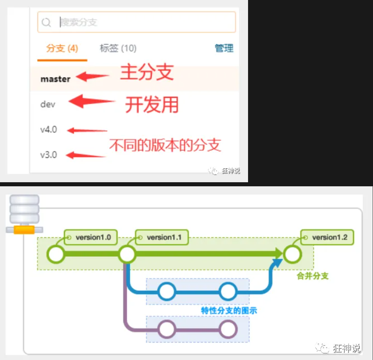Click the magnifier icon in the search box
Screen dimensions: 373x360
pyautogui.click(x=46, y=23)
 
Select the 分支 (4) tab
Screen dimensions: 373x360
pyautogui.click(x=62, y=49)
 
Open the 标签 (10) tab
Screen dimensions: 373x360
pyautogui.click(x=118, y=49)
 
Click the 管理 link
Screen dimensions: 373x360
pyautogui.click(x=224, y=48)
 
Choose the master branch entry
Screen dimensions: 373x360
pyautogui.click(x=55, y=79)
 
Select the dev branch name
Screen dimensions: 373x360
pyautogui.click(x=48, y=104)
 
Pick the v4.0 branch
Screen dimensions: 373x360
pyautogui.click(x=49, y=130)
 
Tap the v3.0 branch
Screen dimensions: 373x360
pyautogui.click(x=49, y=155)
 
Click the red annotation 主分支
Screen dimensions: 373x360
pyautogui.click(x=147, y=73)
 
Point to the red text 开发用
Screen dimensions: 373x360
pyautogui.click(x=152, y=105)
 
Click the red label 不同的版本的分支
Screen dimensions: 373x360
pyautogui.click(x=165, y=145)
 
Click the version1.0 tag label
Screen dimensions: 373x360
pyautogui.click(x=93, y=237)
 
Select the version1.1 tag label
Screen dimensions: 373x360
pyautogui.click(x=164, y=237)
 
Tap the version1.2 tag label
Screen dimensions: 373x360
pyautogui.click(x=330, y=237)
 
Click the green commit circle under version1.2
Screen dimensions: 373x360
pyautogui.click(x=292, y=254)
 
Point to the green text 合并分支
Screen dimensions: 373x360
pyautogui.click(x=313, y=276)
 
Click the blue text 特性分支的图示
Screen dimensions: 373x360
pyautogui.click(x=229, y=310)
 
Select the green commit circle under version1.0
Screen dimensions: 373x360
pyautogui.click(x=56, y=254)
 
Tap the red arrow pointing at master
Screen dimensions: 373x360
pyautogui.click(x=93, y=77)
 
